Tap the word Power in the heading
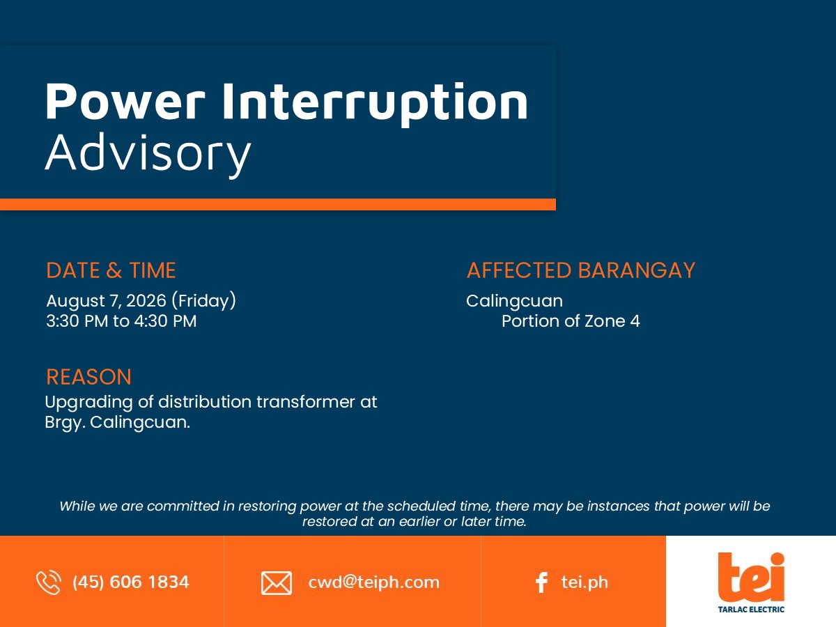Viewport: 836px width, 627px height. pos(125,102)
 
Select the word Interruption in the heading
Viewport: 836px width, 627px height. pos(375,104)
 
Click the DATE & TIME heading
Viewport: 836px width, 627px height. pos(111,270)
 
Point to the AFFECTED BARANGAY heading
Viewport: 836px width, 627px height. pos(581,270)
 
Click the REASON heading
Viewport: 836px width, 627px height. pos(88,377)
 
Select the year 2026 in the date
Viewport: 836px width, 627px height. pos(146,301)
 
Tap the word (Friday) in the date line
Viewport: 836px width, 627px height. pos(203,301)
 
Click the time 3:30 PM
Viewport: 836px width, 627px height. pos(77,321)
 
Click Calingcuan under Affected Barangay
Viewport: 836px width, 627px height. pos(515,301)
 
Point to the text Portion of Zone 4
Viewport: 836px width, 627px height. pos(571,321)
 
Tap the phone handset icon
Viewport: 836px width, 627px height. pos(49,582)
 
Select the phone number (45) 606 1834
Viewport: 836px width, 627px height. pos(131,582)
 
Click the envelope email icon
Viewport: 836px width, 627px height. pos(277,583)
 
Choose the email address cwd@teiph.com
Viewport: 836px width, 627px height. pos(373,582)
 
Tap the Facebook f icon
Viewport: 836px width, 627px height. pos(541,582)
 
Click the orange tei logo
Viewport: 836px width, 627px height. pos(751,577)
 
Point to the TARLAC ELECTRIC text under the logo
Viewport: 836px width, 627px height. pos(751,610)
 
